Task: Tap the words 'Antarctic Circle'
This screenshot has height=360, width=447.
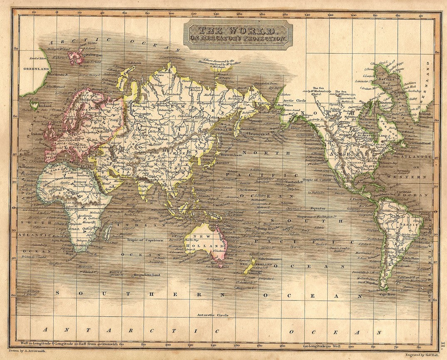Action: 213,315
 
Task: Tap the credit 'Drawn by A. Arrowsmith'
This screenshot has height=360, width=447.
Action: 27,351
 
